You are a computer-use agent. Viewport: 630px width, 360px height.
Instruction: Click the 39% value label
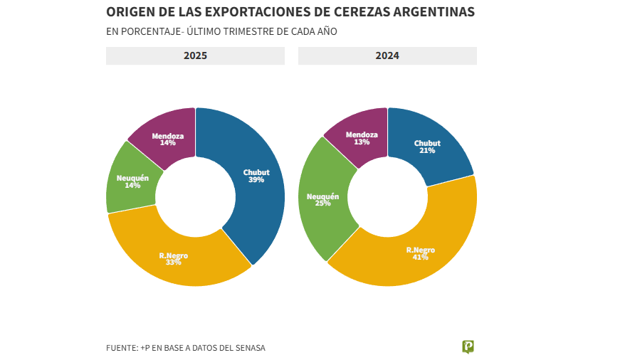click(x=256, y=180)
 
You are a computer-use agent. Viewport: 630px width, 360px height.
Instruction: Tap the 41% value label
click(x=421, y=258)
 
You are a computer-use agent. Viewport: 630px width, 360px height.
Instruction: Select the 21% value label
click(x=427, y=151)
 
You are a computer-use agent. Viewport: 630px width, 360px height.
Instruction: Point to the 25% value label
click(x=322, y=203)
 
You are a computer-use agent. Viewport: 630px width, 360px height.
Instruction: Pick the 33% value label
click(x=174, y=263)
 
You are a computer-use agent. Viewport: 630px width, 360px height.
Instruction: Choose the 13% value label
click(x=362, y=142)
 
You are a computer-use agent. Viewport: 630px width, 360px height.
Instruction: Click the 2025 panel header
click(x=195, y=55)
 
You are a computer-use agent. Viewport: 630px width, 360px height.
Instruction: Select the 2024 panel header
click(x=387, y=55)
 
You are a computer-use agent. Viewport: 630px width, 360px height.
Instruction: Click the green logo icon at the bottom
click(x=468, y=346)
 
